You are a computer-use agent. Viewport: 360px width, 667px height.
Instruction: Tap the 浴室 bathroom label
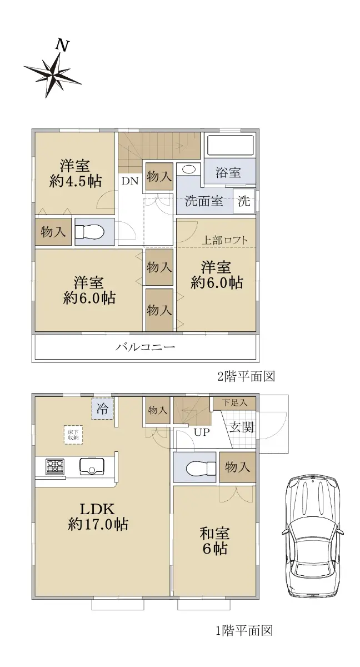point(228,172)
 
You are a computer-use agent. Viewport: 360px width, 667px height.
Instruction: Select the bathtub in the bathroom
point(230,146)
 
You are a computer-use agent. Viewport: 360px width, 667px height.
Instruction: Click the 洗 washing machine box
point(244,201)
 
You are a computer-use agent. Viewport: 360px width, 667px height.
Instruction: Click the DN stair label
point(130,181)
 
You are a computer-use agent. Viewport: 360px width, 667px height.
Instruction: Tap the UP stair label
point(201,432)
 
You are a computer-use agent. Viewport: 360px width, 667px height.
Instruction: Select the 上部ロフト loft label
point(224,241)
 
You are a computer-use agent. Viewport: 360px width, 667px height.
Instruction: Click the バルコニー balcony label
point(146,348)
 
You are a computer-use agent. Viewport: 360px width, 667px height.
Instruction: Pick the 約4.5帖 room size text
point(76,182)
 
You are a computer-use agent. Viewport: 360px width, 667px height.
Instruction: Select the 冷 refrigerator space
point(103,410)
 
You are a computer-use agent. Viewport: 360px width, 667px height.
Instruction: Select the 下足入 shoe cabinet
point(231,402)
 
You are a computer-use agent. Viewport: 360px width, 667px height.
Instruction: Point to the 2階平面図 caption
point(246,376)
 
